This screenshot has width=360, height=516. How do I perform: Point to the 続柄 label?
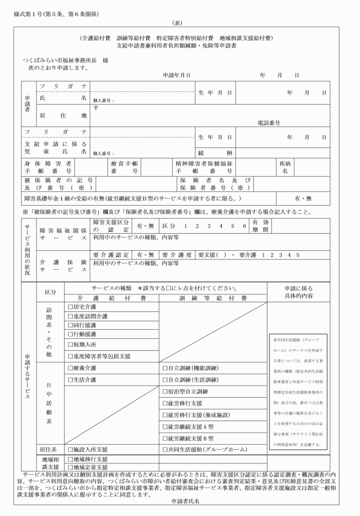click(209, 153)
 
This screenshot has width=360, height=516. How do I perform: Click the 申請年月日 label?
click(177, 75)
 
